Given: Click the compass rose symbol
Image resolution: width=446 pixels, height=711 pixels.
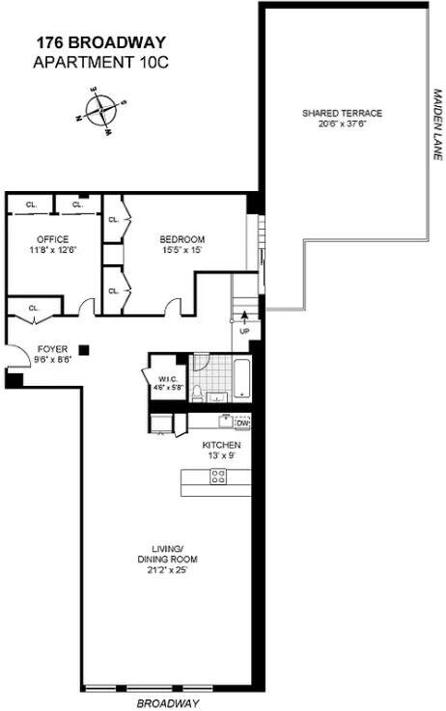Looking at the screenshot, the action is tap(100, 110).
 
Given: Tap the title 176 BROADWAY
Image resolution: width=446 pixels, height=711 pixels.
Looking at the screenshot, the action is tap(100, 42).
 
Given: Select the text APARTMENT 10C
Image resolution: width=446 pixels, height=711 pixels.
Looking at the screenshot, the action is tap(100, 62).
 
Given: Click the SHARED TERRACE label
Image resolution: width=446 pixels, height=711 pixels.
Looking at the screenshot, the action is tap(342, 113).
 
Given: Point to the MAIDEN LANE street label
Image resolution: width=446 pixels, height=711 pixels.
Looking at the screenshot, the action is tap(437, 124).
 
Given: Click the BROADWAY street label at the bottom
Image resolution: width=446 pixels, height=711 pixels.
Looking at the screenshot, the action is tap(168, 703).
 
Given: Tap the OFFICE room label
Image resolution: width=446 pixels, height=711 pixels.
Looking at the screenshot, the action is tap(53, 239).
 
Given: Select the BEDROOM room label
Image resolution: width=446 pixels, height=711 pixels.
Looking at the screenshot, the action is tap(181, 239).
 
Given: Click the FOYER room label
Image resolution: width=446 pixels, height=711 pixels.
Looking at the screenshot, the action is tap(52, 349).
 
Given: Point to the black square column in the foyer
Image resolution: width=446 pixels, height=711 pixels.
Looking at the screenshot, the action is tap(84, 349).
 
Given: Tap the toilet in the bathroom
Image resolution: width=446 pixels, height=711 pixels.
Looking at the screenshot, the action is tap(197, 394).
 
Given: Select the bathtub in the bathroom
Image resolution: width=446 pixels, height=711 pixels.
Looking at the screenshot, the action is tap(241, 379).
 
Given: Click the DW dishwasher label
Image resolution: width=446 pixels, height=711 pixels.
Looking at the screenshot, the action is tap(241, 423).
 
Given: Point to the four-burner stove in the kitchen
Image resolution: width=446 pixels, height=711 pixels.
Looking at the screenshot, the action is tap(218, 477).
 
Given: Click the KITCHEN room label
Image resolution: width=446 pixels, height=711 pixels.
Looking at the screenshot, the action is tap(221, 446).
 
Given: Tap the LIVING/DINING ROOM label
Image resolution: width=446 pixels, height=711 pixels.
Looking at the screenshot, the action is tap(167, 554).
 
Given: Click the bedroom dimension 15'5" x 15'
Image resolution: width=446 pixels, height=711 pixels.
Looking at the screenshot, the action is tap(181, 250).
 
